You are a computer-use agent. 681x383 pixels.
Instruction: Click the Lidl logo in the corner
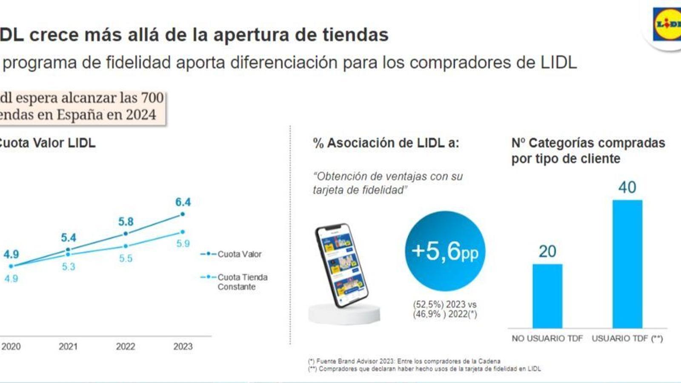click(x=667, y=25)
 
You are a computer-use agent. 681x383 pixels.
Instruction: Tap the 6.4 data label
click(x=183, y=202)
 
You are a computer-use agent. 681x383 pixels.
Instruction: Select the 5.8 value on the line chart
click(x=126, y=222)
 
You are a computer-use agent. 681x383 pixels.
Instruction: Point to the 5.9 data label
click(x=183, y=244)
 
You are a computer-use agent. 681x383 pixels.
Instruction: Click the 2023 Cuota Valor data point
click(x=183, y=214)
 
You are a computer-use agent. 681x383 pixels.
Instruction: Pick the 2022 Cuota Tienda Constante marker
click(x=126, y=246)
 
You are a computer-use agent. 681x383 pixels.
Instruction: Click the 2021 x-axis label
click(x=68, y=346)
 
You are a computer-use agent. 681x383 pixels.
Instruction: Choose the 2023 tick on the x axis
click(x=183, y=346)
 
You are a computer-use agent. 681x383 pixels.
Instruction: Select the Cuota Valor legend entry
click(x=232, y=254)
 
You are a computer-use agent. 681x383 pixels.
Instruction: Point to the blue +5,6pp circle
click(x=445, y=251)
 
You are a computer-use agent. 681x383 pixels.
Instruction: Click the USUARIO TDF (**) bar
click(x=627, y=264)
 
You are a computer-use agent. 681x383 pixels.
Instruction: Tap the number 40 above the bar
click(x=627, y=187)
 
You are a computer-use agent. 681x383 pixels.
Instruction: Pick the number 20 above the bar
click(x=547, y=252)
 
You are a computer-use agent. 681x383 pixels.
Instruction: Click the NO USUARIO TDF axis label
click(x=547, y=338)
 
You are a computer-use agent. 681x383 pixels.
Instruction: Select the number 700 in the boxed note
click(x=152, y=98)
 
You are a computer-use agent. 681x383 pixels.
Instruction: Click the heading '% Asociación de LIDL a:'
click(x=386, y=143)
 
